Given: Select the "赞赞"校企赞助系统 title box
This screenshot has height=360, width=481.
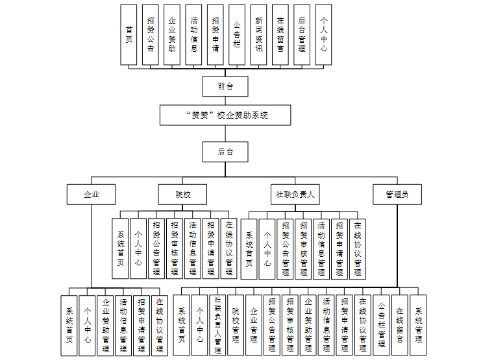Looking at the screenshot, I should pyautogui.click(x=225, y=115).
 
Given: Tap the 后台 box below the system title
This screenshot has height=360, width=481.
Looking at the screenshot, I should pyautogui.click(x=225, y=152).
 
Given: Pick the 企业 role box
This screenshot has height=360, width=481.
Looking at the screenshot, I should pyautogui.click(x=91, y=194).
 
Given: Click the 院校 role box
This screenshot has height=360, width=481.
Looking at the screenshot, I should pyautogui.click(x=183, y=194).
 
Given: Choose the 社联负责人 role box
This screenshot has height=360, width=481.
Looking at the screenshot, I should pyautogui.click(x=295, y=194).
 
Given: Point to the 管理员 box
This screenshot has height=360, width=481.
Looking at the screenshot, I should pyautogui.click(x=397, y=194).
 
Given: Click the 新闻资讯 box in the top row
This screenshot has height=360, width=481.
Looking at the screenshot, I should pyautogui.click(x=259, y=34).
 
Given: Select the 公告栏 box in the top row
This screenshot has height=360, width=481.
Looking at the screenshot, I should pyautogui.click(x=237, y=34).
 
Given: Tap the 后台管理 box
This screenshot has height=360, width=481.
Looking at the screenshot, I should pyautogui.click(x=301, y=34).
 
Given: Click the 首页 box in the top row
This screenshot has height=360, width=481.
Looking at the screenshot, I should pyautogui.click(x=129, y=34).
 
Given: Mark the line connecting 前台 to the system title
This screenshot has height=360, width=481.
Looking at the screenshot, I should pyautogui.click(x=225, y=101).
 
